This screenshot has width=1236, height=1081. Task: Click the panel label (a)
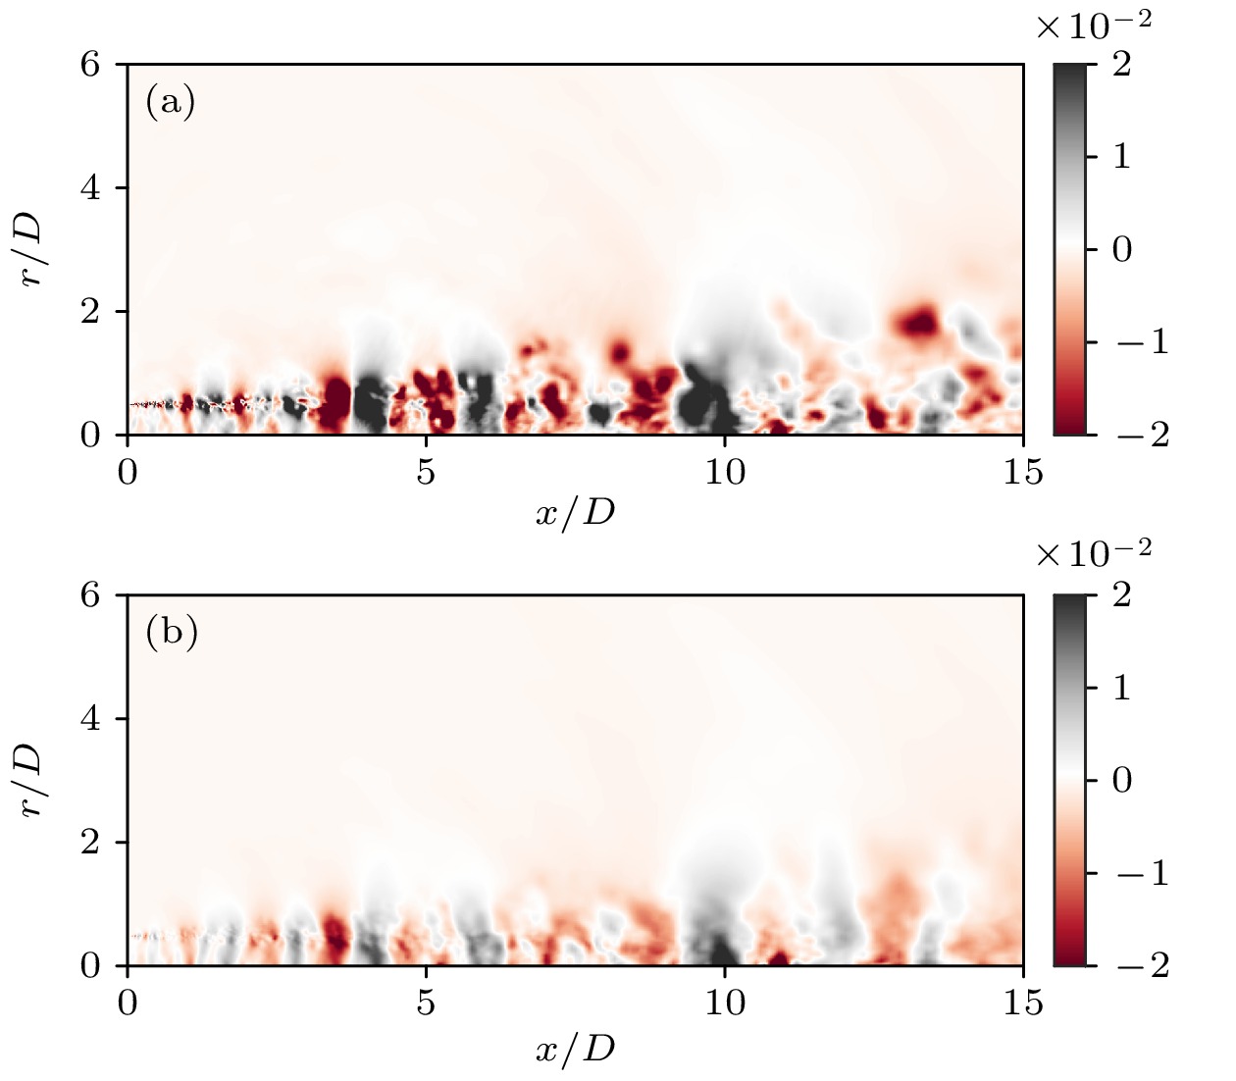tap(171, 102)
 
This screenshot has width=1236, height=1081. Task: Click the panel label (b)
tap(172, 633)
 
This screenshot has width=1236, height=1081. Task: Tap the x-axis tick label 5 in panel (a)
tap(426, 473)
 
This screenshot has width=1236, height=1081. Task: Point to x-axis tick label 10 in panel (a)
tap(725, 473)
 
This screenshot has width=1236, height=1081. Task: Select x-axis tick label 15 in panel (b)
tap(1023, 1004)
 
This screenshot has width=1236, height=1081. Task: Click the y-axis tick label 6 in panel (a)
tap(90, 65)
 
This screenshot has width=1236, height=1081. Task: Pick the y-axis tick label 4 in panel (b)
tap(90, 719)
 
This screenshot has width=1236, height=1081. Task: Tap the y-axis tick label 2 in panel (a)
tap(90, 312)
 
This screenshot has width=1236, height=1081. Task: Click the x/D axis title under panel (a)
tap(575, 512)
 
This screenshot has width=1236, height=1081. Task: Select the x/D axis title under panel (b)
tap(575, 1049)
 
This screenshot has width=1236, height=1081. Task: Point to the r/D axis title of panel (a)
tap(32, 249)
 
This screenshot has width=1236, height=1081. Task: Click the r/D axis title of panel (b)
tap(32, 780)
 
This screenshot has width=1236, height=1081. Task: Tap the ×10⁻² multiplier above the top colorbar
tap(1093, 26)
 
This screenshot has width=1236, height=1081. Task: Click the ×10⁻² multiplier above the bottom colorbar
tap(1093, 554)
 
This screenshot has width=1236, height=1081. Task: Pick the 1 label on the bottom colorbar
tap(1121, 688)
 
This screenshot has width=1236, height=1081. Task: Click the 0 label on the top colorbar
tap(1121, 249)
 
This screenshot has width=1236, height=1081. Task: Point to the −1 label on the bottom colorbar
tap(1143, 872)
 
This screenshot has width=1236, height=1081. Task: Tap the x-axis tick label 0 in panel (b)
tap(128, 1004)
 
